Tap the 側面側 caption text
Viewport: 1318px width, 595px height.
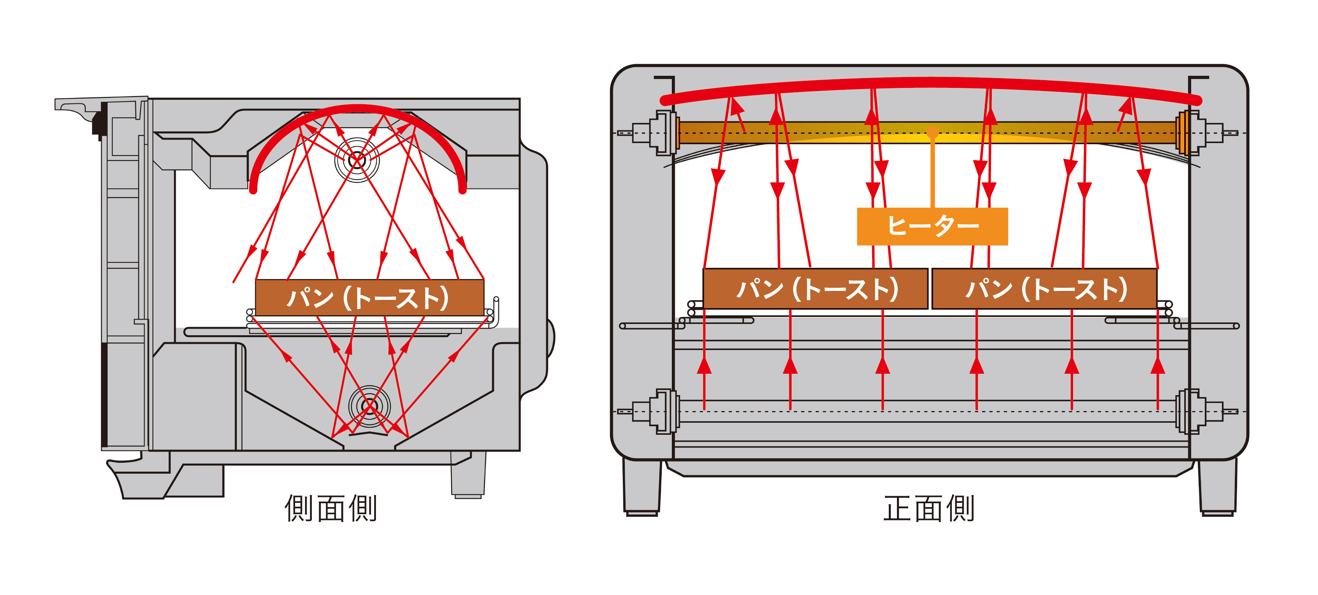[x=330, y=508]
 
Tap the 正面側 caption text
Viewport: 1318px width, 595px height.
[x=929, y=508]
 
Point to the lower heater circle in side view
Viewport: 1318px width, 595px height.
[x=369, y=407]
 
